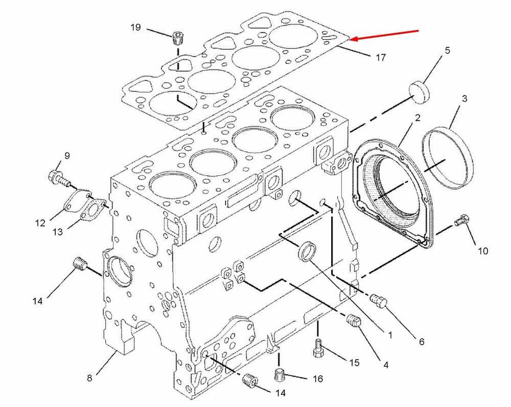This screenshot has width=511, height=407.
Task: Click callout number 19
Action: [135, 27]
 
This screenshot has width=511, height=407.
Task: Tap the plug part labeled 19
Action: [178, 39]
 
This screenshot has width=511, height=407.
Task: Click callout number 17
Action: [381, 58]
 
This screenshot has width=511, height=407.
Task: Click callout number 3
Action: [464, 98]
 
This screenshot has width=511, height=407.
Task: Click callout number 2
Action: [417, 118]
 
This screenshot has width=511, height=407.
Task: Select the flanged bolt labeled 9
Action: [59, 178]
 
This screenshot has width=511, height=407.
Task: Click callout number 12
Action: [40, 223]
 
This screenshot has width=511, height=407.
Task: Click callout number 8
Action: [89, 378]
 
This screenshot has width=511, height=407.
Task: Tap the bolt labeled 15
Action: [318, 348]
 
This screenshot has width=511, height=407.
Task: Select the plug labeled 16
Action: [280, 375]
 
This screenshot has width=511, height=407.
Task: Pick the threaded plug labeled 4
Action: [354, 322]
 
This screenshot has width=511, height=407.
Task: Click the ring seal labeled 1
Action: [308, 252]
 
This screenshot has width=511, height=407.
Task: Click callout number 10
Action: [483, 251]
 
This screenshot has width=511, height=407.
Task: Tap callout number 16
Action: [318, 379]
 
